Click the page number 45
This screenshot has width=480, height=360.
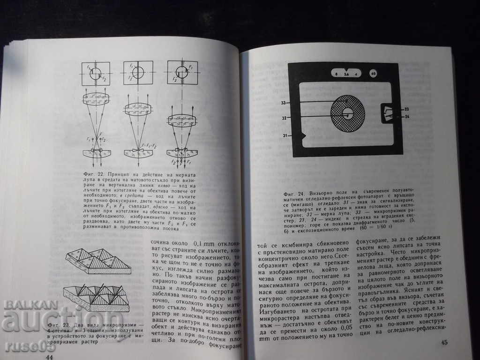[444, 342]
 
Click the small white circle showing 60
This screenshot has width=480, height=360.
[373, 74]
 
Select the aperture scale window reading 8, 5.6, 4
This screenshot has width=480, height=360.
[346, 74]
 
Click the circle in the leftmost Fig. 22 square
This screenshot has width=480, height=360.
[96, 73]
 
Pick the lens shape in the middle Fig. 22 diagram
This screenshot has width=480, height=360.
[137, 109]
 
